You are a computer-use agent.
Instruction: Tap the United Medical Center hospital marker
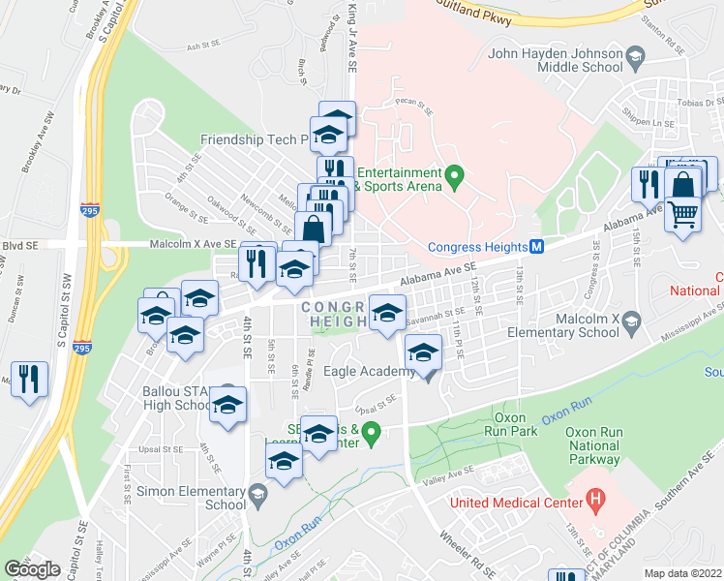pos(596,502)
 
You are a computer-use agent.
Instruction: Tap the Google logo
pos(33,568)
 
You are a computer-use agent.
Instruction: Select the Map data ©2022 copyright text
pos(683,573)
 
